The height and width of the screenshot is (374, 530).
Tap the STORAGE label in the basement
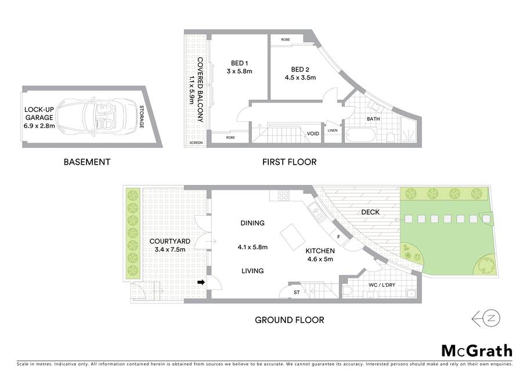point(142,117)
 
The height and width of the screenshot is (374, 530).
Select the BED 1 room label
point(239,63)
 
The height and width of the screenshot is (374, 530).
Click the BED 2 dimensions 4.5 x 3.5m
point(300,78)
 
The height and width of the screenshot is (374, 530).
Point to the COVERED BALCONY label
point(200,89)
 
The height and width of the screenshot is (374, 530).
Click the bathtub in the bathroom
point(360,135)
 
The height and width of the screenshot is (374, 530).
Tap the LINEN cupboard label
point(333,130)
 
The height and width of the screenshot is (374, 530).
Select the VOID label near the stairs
point(313,134)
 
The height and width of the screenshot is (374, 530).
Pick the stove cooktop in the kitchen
point(283,195)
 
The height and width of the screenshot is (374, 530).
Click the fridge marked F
point(338,237)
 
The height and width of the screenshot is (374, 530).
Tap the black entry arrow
point(201,282)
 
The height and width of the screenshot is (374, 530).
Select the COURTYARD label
point(170,241)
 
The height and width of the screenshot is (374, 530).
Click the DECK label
point(370,212)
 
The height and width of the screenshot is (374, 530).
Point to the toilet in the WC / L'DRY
point(348,291)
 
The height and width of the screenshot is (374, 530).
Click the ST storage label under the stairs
point(297,292)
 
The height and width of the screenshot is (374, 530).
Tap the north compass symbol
point(486,318)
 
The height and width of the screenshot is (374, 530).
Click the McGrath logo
point(477,351)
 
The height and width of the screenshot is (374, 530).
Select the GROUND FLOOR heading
point(289,320)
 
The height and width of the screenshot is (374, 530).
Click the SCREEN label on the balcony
point(196,143)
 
